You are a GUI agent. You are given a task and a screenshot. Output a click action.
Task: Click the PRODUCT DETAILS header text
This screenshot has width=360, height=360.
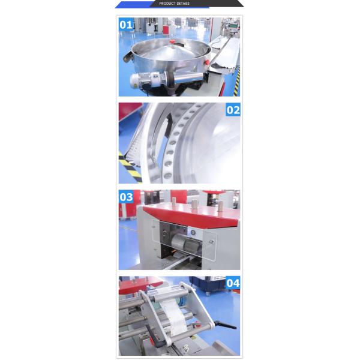click(175, 4)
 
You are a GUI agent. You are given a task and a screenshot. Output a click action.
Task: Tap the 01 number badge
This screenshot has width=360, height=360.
click(126, 25)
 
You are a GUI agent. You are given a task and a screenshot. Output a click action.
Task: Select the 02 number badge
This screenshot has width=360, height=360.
click(233, 110)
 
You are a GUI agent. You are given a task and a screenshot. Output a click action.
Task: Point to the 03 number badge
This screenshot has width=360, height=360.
click(126, 197)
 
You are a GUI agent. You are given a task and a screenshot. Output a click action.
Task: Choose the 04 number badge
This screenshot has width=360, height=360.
click(233, 283)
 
